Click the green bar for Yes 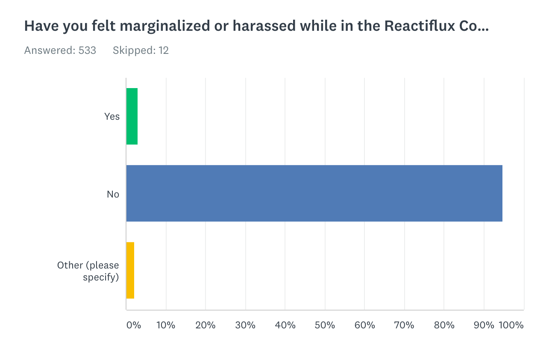tap(132, 116)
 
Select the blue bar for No tap(314, 194)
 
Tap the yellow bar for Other tap(130, 270)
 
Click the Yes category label tap(112, 116)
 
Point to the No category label tap(113, 194)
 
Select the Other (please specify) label tap(88, 271)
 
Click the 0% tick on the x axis tap(134, 325)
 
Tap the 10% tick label tap(166, 325)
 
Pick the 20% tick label tap(206, 325)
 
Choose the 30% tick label tap(245, 325)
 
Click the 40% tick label tap(285, 325)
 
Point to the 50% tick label tap(325, 325)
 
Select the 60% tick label tap(364, 325)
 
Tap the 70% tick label tap(404, 325)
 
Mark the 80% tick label tap(444, 325)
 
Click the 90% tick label tap(484, 325)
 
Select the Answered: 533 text tap(60, 50)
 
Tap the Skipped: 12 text tap(141, 50)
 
